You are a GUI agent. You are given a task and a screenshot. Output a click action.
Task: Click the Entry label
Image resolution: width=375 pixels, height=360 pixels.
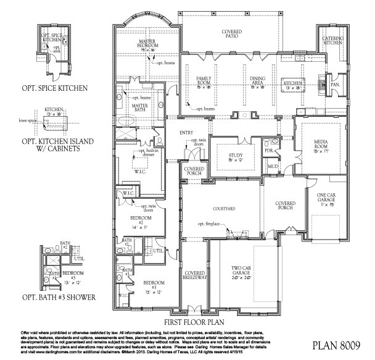(x=186, y=133)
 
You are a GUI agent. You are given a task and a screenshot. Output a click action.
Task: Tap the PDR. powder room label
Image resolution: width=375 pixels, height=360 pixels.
(x=269, y=150)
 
